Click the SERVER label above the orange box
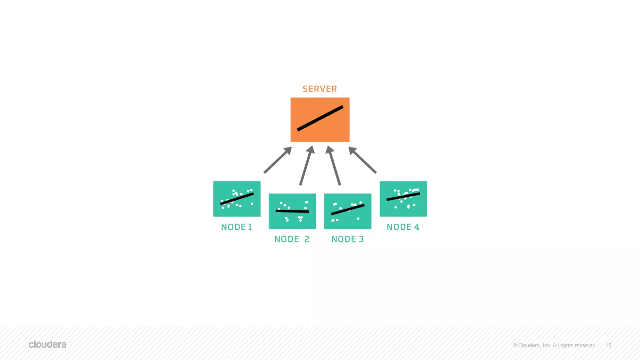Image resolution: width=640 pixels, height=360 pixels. click(x=320, y=89)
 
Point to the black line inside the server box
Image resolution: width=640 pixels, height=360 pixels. click(x=320, y=118)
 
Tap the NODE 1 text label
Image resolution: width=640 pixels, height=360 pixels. click(x=237, y=227)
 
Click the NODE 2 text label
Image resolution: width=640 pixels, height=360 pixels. click(x=292, y=239)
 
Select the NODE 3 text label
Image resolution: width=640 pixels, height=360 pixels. click(x=347, y=239)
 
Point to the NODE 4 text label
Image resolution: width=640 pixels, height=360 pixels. click(x=403, y=227)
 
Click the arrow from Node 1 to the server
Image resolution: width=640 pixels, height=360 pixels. click(x=277, y=160)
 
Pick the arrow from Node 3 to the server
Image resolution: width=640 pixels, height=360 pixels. click(x=333, y=166)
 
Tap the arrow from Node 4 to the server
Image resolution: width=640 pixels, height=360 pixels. click(x=362, y=160)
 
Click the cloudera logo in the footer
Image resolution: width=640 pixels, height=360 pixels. click(x=47, y=345)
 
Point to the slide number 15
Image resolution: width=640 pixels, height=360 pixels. click(x=608, y=345)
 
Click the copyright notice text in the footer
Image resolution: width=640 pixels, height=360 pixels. click(x=554, y=345)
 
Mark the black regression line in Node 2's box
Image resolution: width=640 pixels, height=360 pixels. click(x=292, y=211)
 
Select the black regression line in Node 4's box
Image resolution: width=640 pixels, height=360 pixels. click(x=403, y=196)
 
